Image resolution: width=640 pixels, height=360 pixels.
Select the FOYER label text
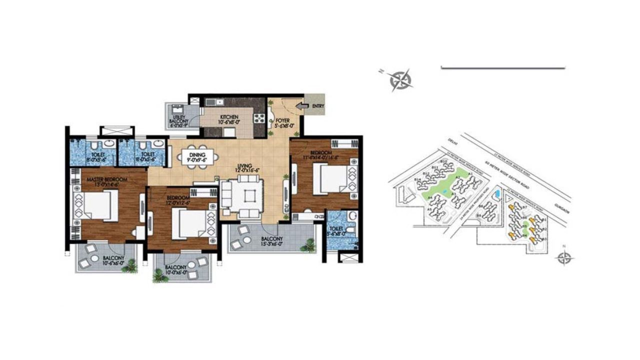[x=283, y=120]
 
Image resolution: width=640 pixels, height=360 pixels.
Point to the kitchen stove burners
[x=260, y=118]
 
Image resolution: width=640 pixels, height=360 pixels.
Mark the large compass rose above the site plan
[x=401, y=80]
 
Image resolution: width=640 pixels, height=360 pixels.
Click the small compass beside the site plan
[x=564, y=257]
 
